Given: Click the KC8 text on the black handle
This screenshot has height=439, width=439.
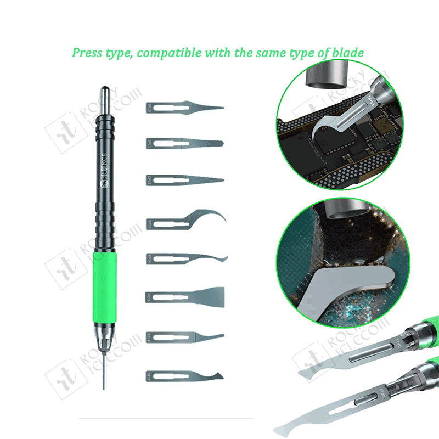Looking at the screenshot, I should pos(103,170).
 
